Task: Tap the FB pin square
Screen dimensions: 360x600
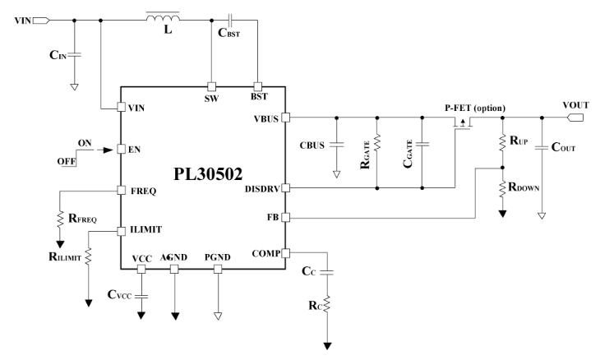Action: [285, 218]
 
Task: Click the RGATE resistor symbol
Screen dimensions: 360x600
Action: [376, 145]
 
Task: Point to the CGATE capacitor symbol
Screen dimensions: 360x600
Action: [421, 145]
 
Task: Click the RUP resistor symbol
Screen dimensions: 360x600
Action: [502, 143]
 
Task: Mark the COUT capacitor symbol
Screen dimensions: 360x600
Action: [542, 149]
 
